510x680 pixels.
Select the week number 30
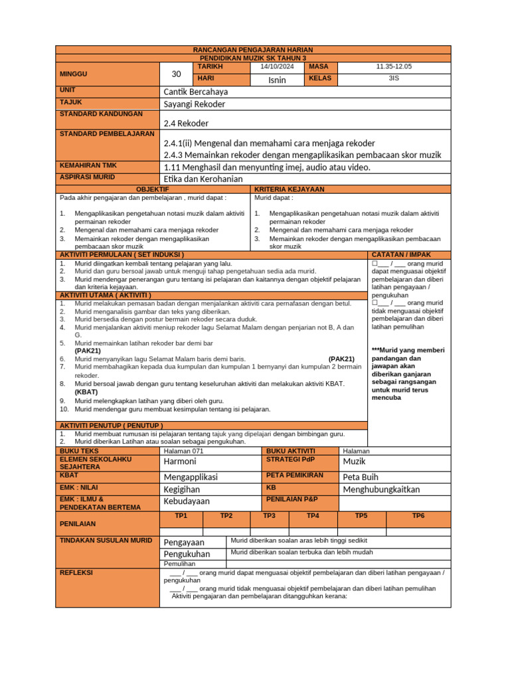pyautogui.click(x=176, y=74)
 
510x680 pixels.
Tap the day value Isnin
pyautogui.click(x=277, y=80)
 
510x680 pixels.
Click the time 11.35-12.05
pyautogui.click(x=394, y=66)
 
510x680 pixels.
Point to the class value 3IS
pyautogui.click(x=394, y=78)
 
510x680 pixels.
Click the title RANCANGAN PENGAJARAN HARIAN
pyautogui.click(x=252, y=50)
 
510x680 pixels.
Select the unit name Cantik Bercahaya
pyautogui.click(x=195, y=92)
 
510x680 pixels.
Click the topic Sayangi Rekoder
pyautogui.click(x=195, y=104)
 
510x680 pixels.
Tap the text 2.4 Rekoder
pyautogui.click(x=186, y=123)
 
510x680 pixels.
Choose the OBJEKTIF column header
pyautogui.click(x=153, y=189)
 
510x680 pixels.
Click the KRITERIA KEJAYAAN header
pyautogui.click(x=280, y=189)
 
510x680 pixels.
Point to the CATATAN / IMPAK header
pyautogui.click(x=401, y=254)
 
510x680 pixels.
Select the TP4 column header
pyautogui.click(x=313, y=515)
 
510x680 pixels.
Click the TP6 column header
pyautogui.click(x=418, y=515)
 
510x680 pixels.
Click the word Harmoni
pyautogui.click(x=180, y=462)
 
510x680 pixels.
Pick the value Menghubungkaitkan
pyautogui.click(x=381, y=489)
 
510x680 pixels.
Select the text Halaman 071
pyautogui.click(x=184, y=451)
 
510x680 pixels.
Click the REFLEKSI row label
pyautogui.click(x=76, y=572)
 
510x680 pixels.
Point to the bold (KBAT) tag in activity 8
pyautogui.click(x=86, y=392)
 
